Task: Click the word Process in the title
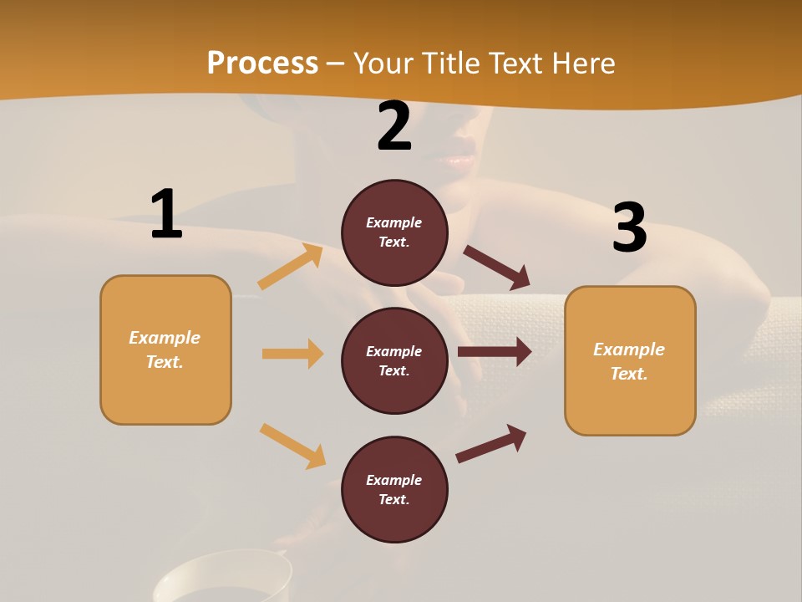point(262,64)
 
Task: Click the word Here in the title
point(582,64)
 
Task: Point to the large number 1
point(166,214)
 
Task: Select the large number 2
point(394,126)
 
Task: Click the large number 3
point(629,227)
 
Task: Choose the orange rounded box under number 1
point(165,349)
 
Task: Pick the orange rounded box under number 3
point(630,361)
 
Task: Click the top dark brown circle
point(394,232)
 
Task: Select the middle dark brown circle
point(394,360)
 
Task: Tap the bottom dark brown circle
point(394,489)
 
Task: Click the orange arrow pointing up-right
point(291,267)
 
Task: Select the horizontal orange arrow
point(292,354)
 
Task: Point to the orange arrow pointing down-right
point(292,446)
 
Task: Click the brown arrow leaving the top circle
point(497,268)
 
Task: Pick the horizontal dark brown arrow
point(495,352)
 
